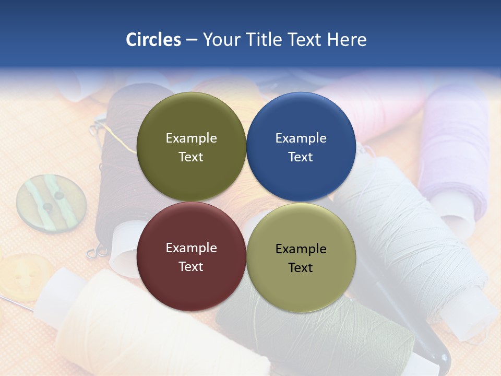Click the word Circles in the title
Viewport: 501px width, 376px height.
tap(153, 40)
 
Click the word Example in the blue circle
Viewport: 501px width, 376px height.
tap(301, 138)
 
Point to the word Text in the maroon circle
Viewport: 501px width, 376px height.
tap(191, 266)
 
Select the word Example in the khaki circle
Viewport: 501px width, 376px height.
tap(301, 249)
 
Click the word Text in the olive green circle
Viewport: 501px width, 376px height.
tap(191, 157)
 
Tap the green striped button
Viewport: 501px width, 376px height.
tap(51, 203)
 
